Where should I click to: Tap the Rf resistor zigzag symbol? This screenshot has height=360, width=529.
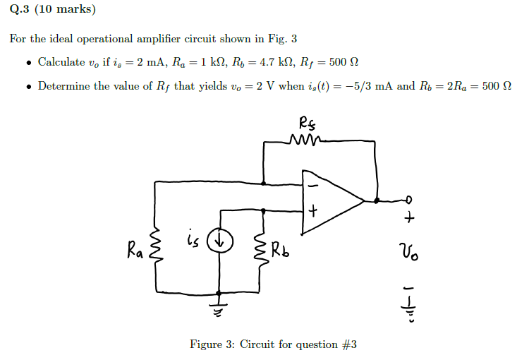tap(305, 141)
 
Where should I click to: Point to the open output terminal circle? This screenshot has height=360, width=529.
tap(408, 200)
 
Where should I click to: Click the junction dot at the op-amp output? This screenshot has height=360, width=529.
tap(377, 200)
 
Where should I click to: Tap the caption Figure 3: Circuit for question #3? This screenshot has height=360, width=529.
tap(273, 344)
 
